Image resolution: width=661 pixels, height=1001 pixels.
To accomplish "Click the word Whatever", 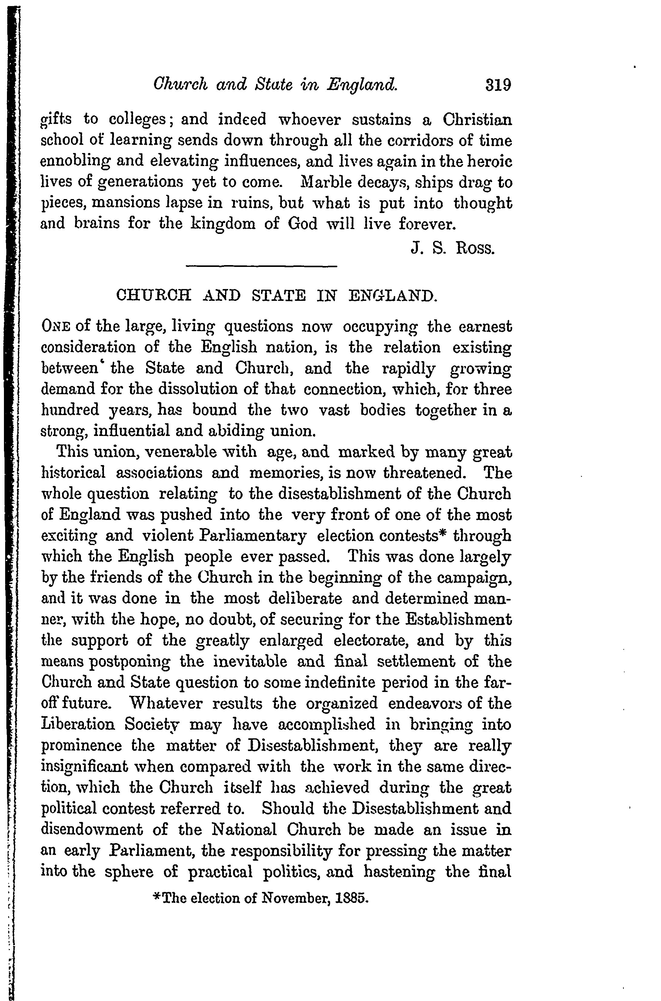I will point(166,703).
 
